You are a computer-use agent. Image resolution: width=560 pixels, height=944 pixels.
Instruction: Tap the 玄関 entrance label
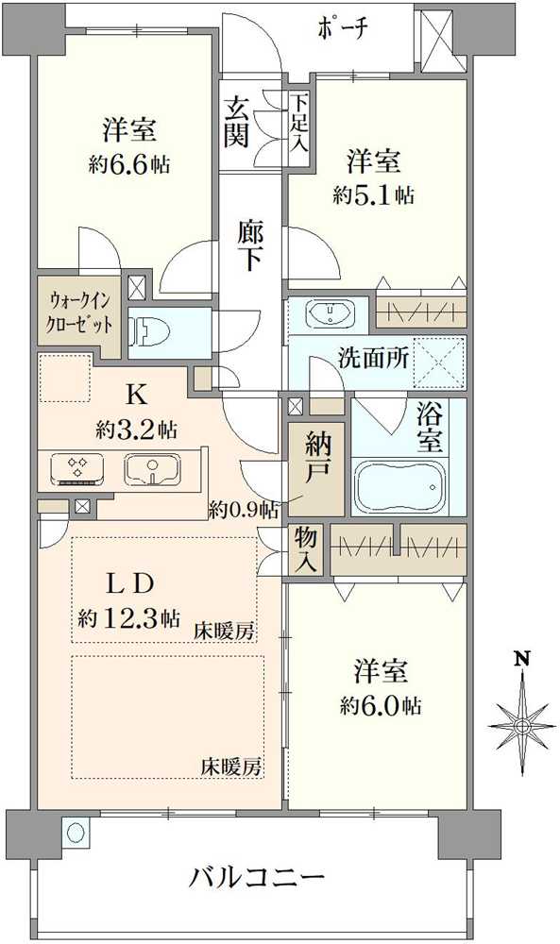pos(237,124)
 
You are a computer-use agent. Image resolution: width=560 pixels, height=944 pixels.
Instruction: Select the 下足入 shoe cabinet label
pos(298,124)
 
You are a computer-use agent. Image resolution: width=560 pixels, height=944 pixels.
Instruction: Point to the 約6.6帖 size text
pos(130,164)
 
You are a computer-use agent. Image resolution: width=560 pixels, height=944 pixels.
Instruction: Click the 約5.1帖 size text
pos(372,195)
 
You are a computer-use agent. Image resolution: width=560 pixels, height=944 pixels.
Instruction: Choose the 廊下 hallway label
pos(249,245)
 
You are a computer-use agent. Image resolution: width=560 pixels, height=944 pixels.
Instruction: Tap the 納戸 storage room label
pos(316,459)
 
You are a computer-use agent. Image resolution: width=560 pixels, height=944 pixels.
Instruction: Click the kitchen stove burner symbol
pos(76,466)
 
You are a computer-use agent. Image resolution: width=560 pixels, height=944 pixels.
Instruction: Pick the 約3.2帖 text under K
pos(136,430)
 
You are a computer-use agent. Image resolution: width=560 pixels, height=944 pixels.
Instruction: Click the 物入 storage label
pos(304,548)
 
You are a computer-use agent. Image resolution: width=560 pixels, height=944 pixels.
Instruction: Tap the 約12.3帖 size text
pos(130,619)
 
